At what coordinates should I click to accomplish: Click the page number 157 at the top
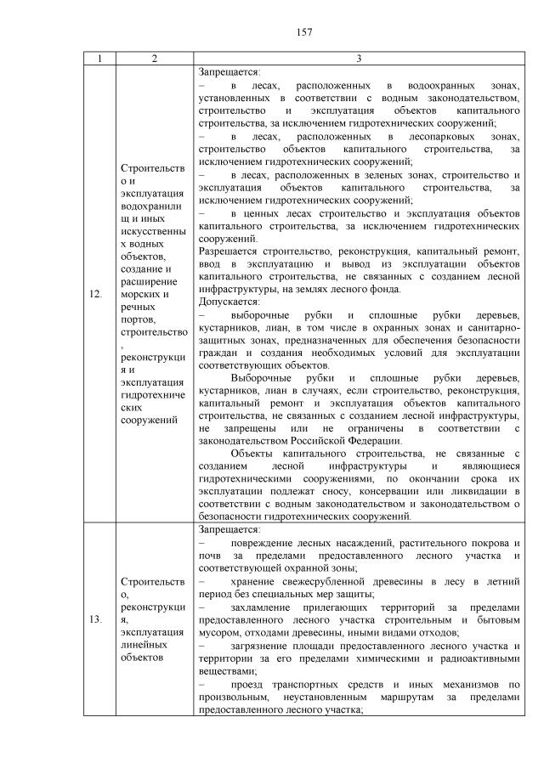[305, 32]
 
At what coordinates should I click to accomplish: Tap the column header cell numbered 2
[154, 58]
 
